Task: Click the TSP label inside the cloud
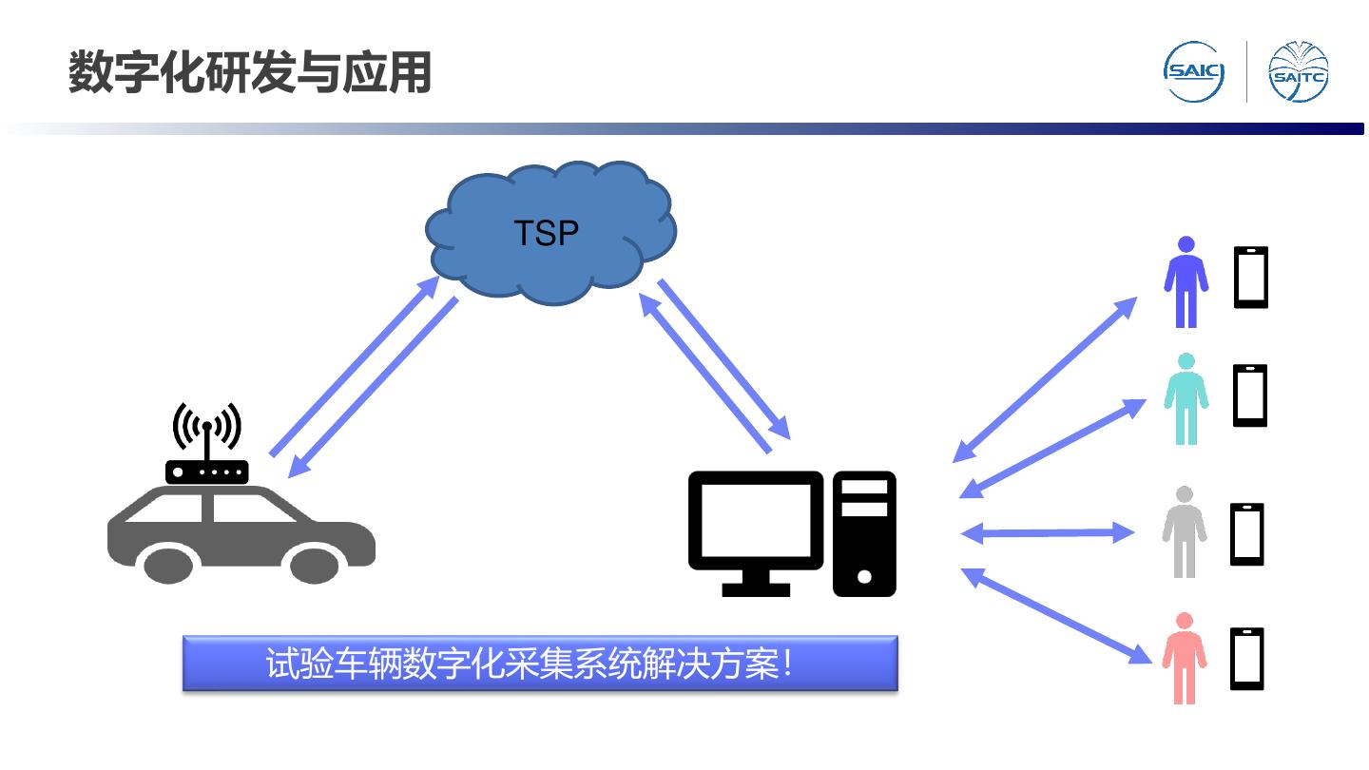546,233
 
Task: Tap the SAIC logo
1194,72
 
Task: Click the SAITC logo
1299,72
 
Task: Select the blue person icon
1186,281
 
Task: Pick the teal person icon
1186,399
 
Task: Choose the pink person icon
1184,658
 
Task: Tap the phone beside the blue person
1251,277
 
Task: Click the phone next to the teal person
1250,395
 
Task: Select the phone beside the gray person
1247,534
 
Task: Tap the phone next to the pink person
1247,658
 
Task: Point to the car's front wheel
315,563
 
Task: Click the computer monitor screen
756,519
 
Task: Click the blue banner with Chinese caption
540,664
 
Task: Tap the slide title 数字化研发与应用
249,73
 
